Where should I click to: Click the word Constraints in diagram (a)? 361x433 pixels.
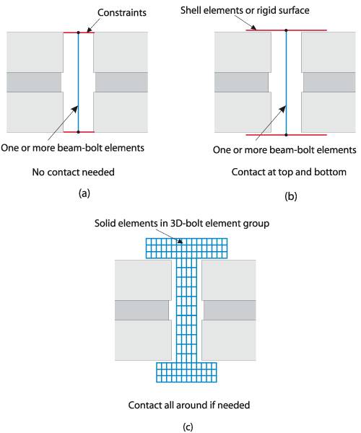[122, 13]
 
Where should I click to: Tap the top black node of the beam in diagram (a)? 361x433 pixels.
[79, 32]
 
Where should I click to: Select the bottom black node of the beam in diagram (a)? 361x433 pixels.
[79, 132]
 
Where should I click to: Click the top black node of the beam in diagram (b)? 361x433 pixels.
[286, 30]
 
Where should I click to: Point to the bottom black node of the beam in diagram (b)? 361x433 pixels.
[286, 135]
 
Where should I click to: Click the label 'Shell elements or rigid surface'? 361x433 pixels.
[245, 11]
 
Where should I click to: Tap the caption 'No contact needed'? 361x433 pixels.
[74, 172]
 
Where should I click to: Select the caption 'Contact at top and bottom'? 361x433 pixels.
[289, 172]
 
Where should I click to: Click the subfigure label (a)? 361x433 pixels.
[84, 193]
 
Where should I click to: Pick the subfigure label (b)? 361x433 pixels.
[291, 196]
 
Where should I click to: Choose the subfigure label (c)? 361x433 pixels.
[188, 427]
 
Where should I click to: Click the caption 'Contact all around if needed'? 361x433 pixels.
[189, 405]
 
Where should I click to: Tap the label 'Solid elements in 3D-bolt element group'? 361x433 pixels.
[182, 223]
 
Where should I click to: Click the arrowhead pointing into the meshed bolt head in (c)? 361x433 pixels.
[180, 241]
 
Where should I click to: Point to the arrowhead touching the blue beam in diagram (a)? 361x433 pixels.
[75, 109]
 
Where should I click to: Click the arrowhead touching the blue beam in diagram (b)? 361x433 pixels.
[282, 109]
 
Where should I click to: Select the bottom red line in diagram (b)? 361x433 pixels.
[286, 135]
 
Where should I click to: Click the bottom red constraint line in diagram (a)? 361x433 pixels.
[79, 132]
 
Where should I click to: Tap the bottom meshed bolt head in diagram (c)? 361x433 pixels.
[186, 372]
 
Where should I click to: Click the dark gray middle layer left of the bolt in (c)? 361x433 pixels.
[142, 310]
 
